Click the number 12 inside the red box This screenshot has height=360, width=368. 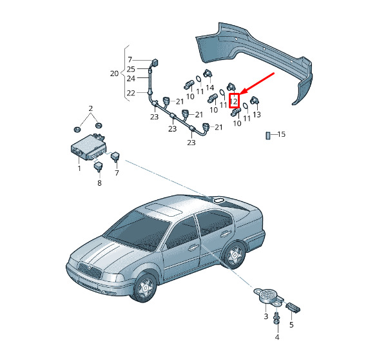(234, 101)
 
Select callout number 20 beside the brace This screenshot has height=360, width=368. (114, 74)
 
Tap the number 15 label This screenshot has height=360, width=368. (281, 134)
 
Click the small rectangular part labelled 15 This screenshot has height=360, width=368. (268, 135)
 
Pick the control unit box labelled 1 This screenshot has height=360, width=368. (88, 146)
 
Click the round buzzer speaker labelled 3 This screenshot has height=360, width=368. (268, 296)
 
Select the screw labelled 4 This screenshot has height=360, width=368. (276, 319)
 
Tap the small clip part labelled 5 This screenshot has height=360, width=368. (293, 308)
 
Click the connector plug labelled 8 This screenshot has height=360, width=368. (98, 166)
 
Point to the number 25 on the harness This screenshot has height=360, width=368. (131, 69)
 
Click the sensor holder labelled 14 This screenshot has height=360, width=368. (208, 74)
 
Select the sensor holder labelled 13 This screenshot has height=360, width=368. (255, 101)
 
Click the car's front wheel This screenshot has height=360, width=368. (145, 287)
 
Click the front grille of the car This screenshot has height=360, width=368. (90, 270)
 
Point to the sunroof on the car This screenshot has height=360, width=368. (162, 209)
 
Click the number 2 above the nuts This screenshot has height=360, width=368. (91, 108)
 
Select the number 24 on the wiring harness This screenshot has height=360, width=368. (131, 79)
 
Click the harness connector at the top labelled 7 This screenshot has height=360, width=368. (155, 63)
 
